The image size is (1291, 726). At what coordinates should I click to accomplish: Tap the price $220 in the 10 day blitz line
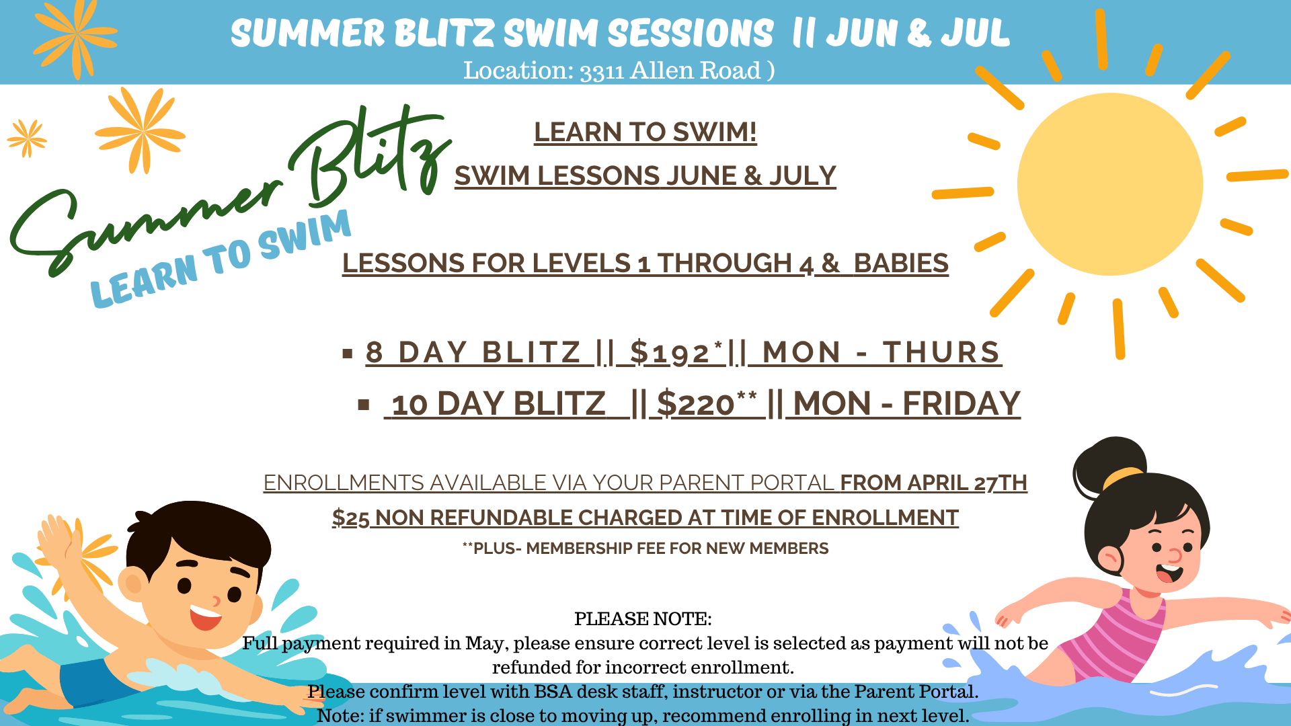[695, 403]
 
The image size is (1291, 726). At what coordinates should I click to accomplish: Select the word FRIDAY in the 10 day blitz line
[962, 403]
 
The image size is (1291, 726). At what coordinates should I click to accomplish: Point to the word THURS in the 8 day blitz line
[942, 352]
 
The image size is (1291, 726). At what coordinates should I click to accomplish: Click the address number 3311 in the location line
[602, 71]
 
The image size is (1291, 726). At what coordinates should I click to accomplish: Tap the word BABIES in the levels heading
[901, 263]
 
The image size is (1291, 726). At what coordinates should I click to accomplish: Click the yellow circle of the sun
[1110, 184]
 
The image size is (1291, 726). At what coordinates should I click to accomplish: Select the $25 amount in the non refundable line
[350, 518]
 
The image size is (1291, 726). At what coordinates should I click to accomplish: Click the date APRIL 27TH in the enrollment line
[967, 483]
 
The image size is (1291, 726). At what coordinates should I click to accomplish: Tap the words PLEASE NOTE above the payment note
[643, 618]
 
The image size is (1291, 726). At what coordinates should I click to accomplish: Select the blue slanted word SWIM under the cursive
[304, 235]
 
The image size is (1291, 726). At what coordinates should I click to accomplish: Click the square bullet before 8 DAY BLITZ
[348, 354]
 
